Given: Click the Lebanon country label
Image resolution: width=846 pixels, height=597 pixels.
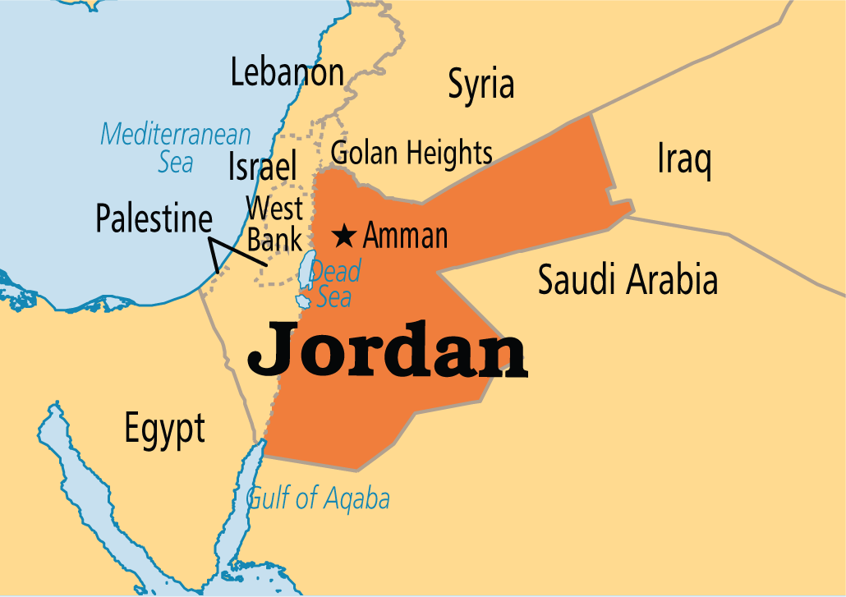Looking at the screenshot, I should [287, 73].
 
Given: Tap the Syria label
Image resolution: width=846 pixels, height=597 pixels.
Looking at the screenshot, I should [480, 85].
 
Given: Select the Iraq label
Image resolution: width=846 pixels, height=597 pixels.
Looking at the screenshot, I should [683, 160].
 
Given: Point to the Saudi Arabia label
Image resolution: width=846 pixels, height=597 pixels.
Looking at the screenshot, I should [628, 281].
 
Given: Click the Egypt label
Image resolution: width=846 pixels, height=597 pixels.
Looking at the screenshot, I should [164, 429].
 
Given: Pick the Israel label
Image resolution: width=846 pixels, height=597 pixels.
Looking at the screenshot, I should [262, 167].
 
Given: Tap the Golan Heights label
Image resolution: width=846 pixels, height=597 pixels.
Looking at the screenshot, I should [412, 153].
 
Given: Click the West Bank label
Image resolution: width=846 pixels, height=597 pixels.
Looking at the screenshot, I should [275, 223].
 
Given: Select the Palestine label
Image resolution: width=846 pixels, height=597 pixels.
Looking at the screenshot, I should [154, 219].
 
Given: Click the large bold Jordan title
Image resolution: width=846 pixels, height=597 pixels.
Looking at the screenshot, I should [387, 351].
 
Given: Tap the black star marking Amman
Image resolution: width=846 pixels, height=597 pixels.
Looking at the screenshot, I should [344, 237].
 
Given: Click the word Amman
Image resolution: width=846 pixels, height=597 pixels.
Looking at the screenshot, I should [406, 237].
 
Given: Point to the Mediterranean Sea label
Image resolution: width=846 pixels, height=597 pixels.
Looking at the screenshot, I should [176, 147].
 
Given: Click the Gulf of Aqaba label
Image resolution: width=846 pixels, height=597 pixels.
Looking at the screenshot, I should [319, 498].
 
